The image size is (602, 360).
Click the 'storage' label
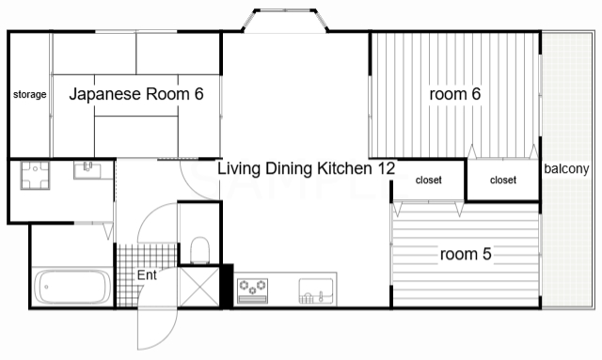pyautogui.click(x=29, y=94)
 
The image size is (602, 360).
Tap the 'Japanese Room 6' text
pyautogui.click(x=136, y=94)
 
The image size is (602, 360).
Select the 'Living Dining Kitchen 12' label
pyautogui.click(x=306, y=168)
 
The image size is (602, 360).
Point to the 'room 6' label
pyautogui.click(x=455, y=94)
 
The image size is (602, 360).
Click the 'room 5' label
pyautogui.click(x=466, y=254)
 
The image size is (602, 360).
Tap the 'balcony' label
pyautogui.click(x=566, y=169)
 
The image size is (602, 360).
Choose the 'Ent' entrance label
pyautogui.click(x=147, y=274)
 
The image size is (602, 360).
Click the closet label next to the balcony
pyautogui.click(x=503, y=180)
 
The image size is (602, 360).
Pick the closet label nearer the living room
pyautogui.click(x=429, y=180)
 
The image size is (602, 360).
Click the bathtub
pyautogui.click(x=72, y=287)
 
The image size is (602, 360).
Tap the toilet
pyautogui.click(x=200, y=250)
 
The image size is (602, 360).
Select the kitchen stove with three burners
pyautogui.click(x=252, y=291)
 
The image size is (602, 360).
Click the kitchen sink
pyautogui.click(x=316, y=291)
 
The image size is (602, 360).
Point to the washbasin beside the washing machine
pyautogui.click(x=87, y=170)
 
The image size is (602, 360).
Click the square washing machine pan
pyautogui.click(x=36, y=176)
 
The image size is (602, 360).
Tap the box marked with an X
pyautogui.click(x=199, y=287)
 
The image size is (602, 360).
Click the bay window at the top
pyautogui.click(x=285, y=20)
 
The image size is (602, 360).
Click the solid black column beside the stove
pyautogui.click(x=226, y=286)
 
